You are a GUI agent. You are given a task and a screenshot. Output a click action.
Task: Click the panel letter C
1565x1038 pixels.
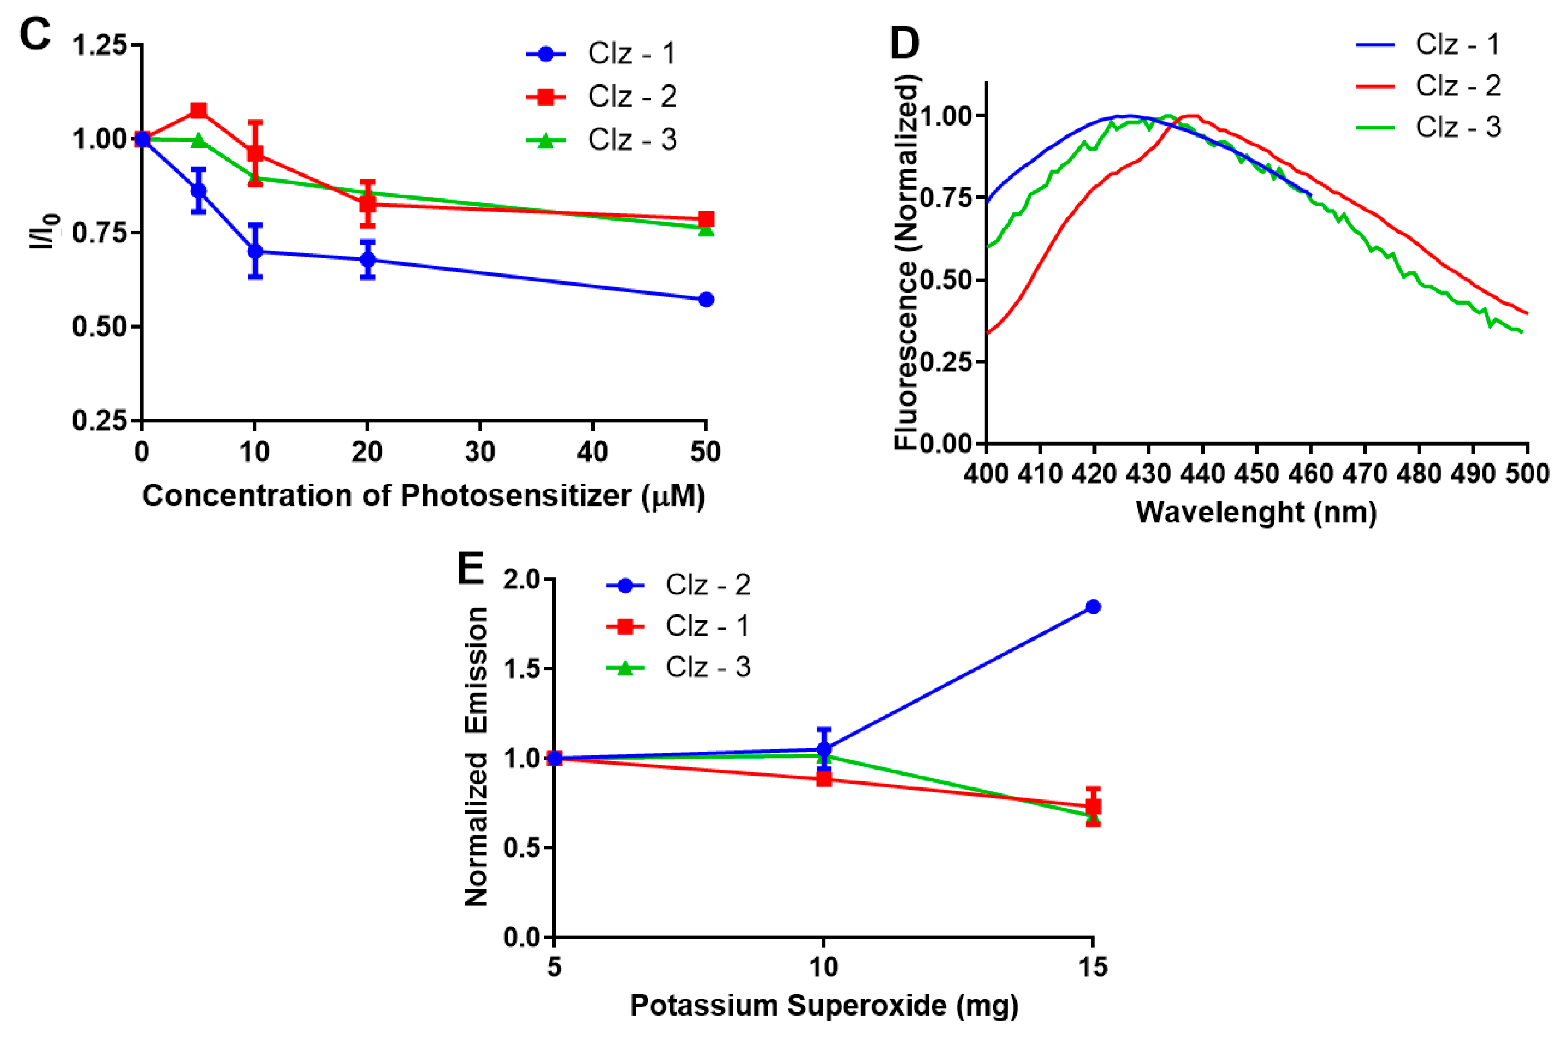pos(34,34)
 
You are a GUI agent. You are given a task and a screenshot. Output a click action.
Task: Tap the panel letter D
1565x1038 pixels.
pos(905,44)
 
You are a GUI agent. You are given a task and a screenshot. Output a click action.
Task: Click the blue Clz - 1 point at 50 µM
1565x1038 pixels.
pos(706,300)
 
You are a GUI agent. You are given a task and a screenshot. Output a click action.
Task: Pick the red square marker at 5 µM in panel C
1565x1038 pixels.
pos(198,110)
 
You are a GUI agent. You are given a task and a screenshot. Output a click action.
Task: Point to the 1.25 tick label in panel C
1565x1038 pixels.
pos(99,46)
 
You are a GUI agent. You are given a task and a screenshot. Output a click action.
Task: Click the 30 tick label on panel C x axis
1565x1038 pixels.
pos(479,452)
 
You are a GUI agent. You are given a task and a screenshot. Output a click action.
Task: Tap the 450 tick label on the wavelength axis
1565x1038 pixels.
pos(1256,474)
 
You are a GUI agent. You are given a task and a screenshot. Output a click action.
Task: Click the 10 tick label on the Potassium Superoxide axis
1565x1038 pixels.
pos(823,968)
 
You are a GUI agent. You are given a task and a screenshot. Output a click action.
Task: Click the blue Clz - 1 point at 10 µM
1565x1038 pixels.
pos(254,251)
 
